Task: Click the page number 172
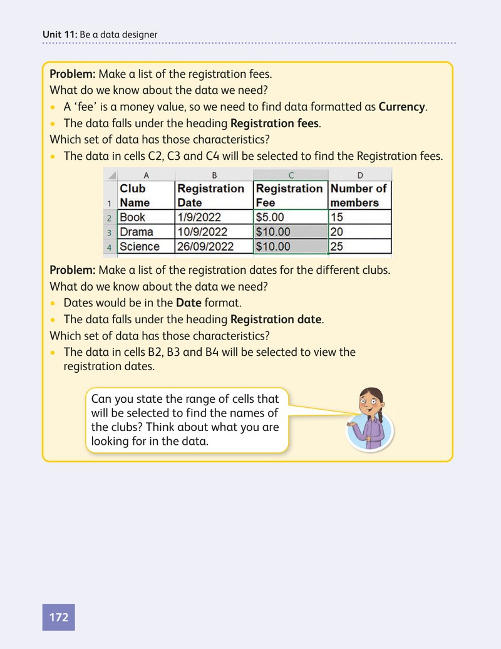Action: pyautogui.click(x=58, y=617)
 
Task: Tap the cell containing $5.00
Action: pyautogui.click(x=291, y=217)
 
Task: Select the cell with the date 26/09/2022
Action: pyautogui.click(x=214, y=246)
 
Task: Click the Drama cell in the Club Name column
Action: pyautogui.click(x=146, y=232)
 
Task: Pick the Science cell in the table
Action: pyautogui.click(x=146, y=246)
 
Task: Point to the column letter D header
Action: pyautogui.click(x=360, y=175)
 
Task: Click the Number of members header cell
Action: pyautogui.click(x=360, y=195)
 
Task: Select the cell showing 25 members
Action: pyautogui.click(x=360, y=246)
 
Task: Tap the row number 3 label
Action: pyautogui.click(x=109, y=232)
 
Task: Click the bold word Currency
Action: pyautogui.click(x=401, y=106)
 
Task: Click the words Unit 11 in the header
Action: pyautogui.click(x=59, y=34)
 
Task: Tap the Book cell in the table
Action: pyautogui.click(x=146, y=217)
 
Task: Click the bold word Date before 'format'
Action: pyautogui.click(x=189, y=303)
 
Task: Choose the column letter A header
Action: pyautogui.click(x=146, y=175)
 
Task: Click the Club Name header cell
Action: pyautogui.click(x=146, y=195)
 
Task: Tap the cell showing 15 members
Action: pyautogui.click(x=360, y=217)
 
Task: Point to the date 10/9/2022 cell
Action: pyautogui.click(x=214, y=232)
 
